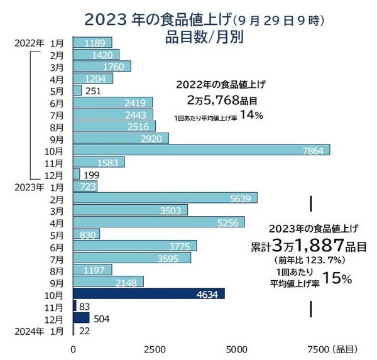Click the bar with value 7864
click(201, 150)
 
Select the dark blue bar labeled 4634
click(149, 293)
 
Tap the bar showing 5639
click(165, 198)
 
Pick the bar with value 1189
click(92, 43)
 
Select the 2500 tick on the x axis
click(155, 349)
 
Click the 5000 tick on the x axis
click(236, 349)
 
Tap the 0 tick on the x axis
click(74, 349)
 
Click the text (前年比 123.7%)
click(305, 259)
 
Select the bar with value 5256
click(159, 222)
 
